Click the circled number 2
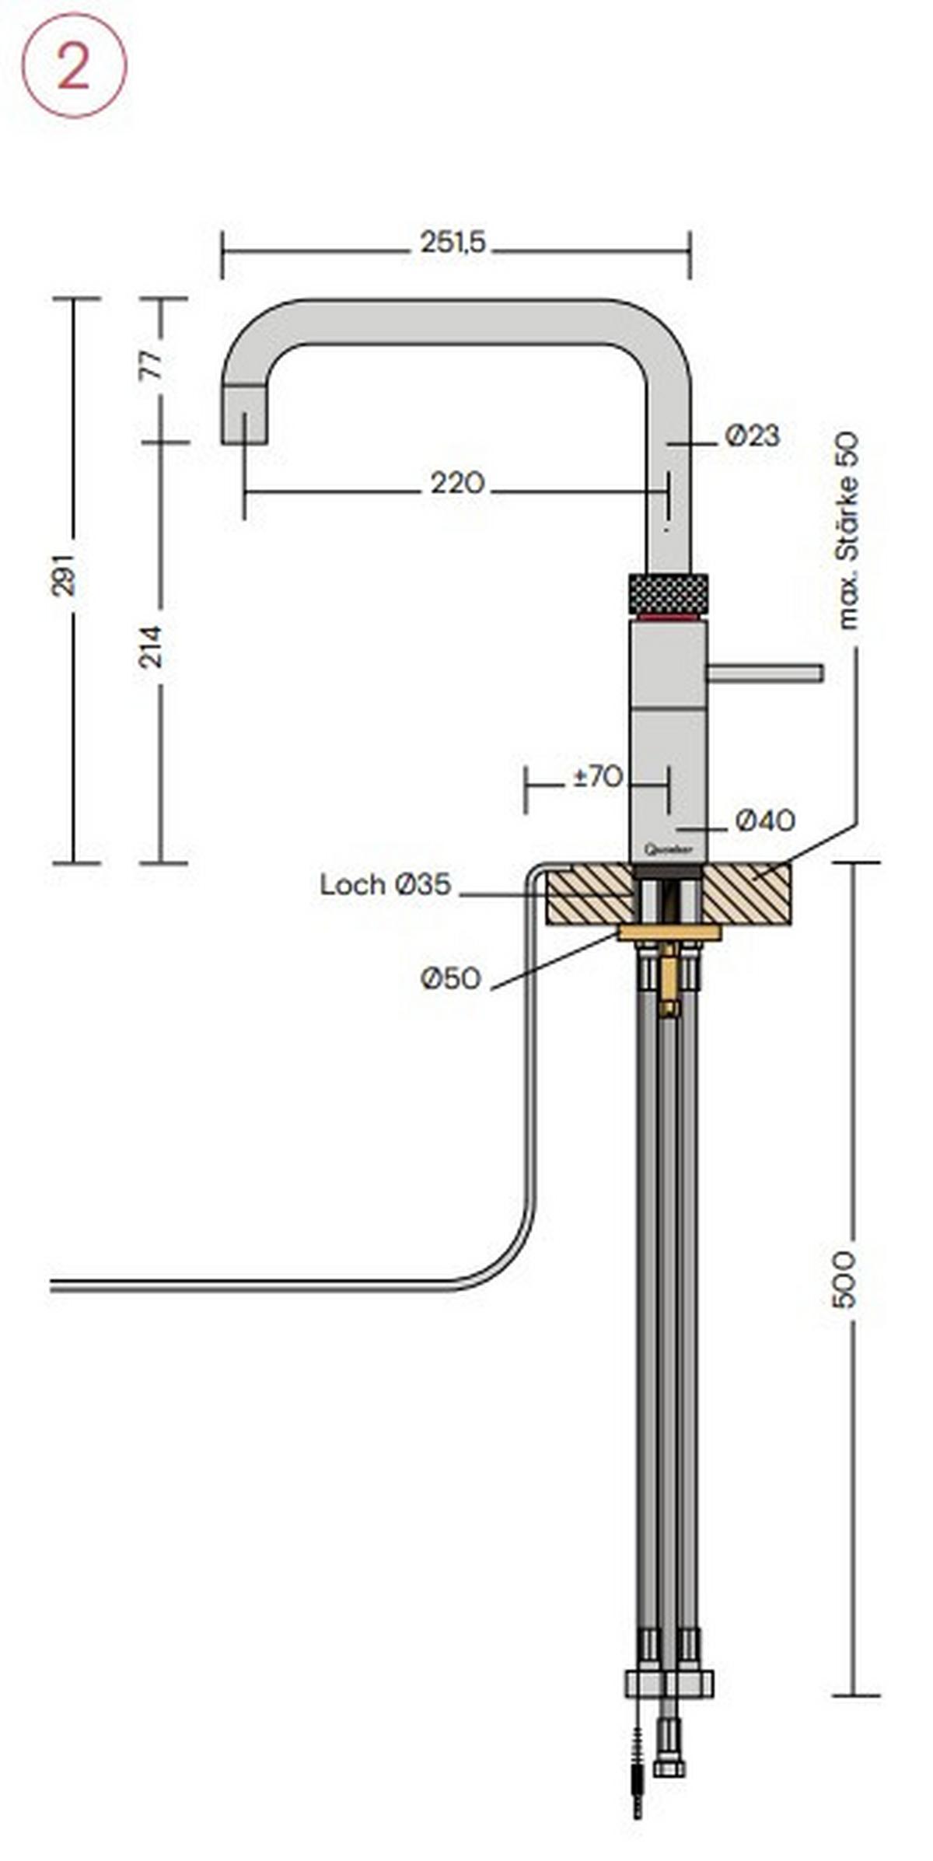73,66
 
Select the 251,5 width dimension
453,243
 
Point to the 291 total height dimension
65,575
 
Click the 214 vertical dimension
152,645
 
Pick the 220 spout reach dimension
457,484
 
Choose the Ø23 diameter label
752,436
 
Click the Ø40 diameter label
765,820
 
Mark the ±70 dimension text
597,776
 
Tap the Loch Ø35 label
385,885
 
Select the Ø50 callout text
451,979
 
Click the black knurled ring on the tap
667,594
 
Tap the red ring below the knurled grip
667,618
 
